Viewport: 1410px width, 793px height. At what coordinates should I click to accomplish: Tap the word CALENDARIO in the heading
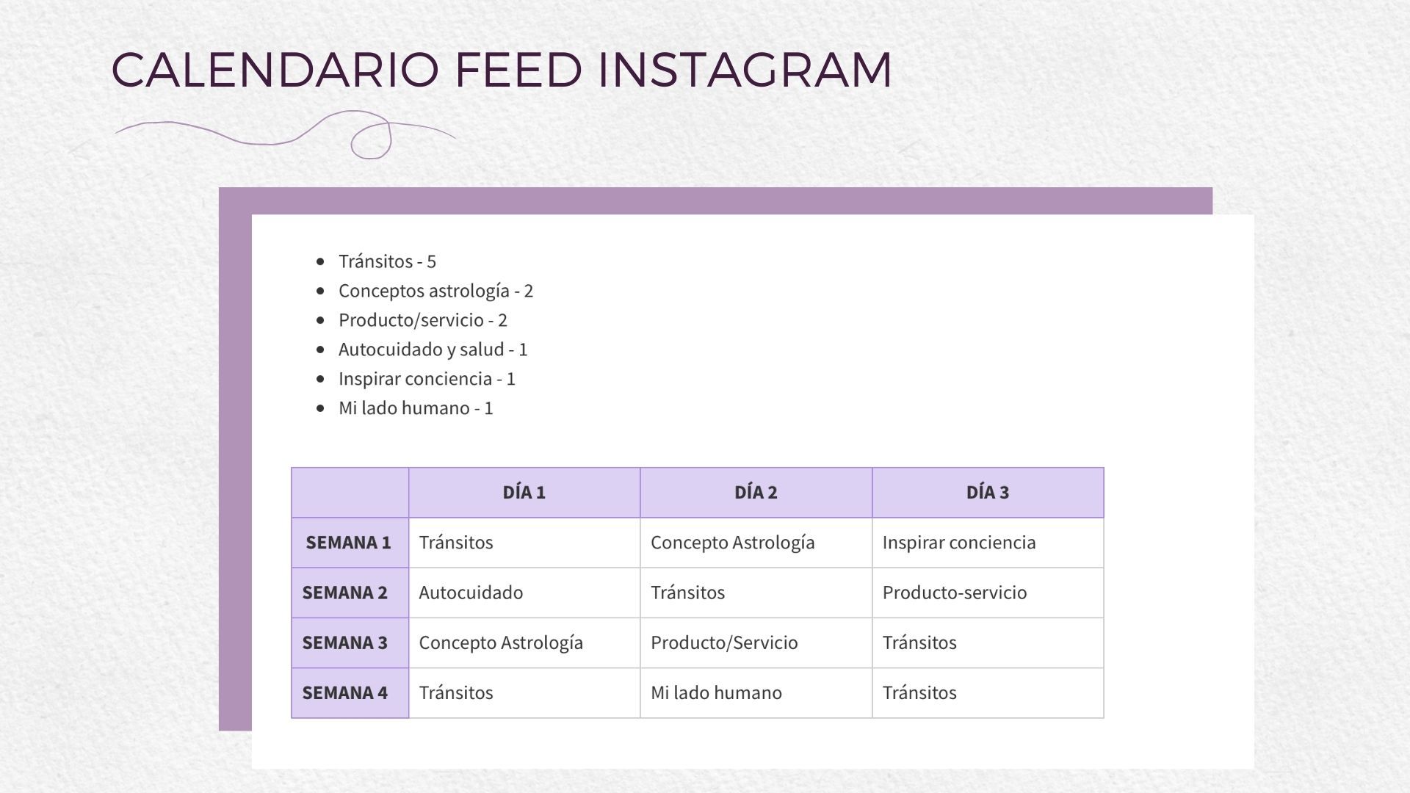275,70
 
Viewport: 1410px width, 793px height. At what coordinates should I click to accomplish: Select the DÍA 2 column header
756,493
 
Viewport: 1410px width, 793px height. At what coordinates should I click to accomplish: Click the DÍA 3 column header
988,493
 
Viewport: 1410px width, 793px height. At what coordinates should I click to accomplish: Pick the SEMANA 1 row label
349,543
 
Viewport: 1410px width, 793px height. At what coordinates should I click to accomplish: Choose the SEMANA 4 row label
345,692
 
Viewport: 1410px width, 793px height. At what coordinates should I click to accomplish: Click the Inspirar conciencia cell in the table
959,543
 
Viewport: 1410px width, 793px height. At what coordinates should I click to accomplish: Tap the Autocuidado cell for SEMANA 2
471,593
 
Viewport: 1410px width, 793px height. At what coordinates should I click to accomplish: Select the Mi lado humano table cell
716,692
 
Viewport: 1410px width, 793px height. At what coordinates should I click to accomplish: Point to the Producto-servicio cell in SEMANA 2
955,593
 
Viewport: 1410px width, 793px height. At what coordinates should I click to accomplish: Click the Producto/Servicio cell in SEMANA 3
724,642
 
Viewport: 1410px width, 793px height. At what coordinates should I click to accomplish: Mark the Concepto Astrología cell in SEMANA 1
733,543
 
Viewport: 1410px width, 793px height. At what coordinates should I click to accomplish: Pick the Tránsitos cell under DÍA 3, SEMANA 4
919,692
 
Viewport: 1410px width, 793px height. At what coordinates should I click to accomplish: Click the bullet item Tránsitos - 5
387,261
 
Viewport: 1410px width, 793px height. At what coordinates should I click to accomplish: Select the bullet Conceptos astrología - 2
435,291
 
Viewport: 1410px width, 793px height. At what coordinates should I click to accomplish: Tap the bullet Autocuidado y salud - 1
433,350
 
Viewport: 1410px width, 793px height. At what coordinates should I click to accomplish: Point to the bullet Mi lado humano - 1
416,408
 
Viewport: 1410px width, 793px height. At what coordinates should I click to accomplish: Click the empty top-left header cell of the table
350,493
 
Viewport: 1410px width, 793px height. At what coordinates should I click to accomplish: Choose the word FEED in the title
518,70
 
